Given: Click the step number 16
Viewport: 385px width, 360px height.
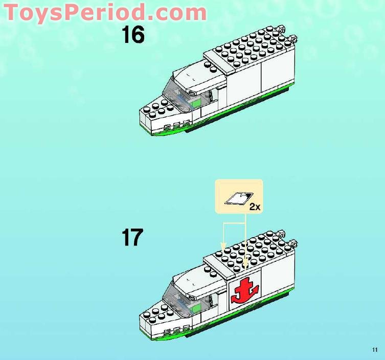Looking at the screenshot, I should (133, 35).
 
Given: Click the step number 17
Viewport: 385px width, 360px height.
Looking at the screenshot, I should (132, 237).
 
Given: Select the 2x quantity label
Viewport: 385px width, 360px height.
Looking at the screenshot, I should (255, 207).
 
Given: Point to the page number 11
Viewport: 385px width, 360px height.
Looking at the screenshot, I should (375, 350).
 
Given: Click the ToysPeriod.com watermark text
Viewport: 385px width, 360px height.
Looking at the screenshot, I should (105, 12).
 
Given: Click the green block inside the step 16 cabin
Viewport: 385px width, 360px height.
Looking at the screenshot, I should (195, 104).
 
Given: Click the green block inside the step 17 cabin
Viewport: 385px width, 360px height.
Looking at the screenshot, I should (194, 307).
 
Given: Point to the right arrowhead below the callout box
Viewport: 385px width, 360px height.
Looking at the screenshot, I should (245, 264).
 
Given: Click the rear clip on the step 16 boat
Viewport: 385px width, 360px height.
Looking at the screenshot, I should (293, 38).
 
